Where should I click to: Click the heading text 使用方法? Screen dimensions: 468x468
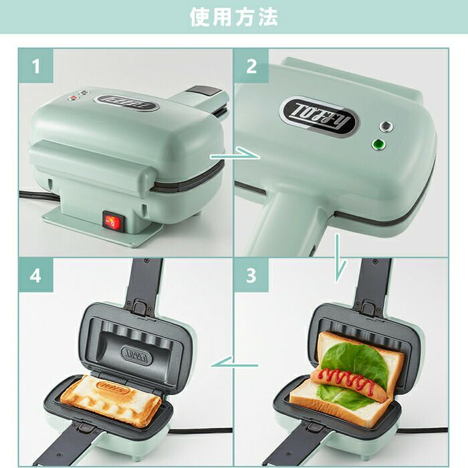point(234,17)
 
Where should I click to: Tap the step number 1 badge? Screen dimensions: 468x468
point(36,66)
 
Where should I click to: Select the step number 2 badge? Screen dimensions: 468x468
point(251,66)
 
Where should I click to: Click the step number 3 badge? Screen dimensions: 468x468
point(251,275)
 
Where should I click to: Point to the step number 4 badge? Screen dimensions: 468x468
point(36,275)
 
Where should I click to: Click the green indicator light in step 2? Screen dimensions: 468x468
point(378,145)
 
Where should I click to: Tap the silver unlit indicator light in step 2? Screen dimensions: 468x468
point(386,126)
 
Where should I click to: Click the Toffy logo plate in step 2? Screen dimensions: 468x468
point(320,116)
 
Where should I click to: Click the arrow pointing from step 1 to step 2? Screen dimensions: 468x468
point(235,154)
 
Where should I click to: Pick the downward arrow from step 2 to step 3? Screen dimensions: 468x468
point(340,258)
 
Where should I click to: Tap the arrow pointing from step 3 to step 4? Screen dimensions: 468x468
point(234,362)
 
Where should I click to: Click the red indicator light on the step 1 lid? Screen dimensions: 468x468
point(72,98)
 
